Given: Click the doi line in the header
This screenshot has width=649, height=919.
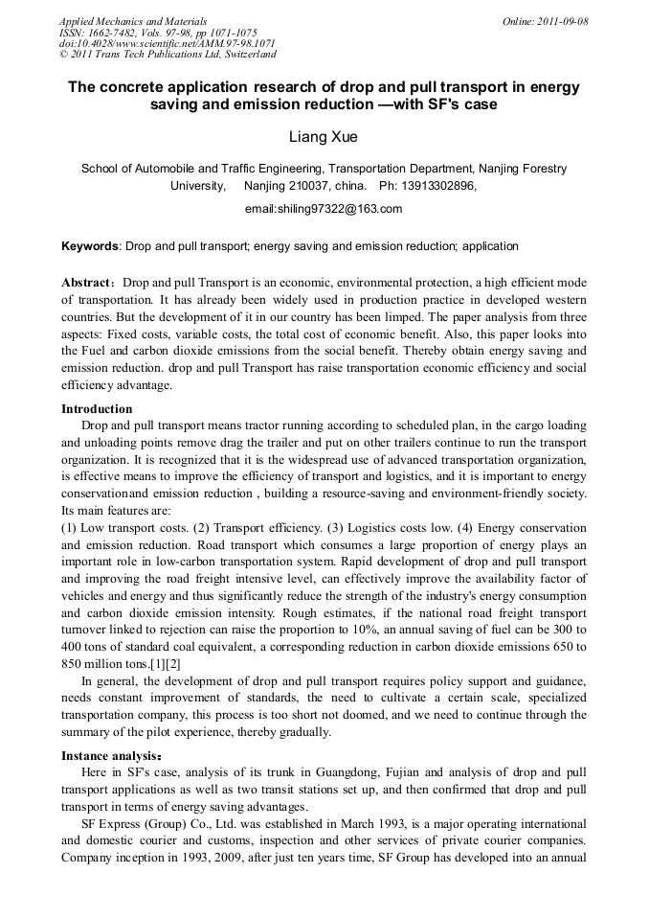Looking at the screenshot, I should (x=168, y=44).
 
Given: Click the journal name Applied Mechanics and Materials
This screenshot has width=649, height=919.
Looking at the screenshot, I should (x=133, y=21).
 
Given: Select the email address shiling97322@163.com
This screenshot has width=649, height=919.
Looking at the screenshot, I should (x=324, y=209).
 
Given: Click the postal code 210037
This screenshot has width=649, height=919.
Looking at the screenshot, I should (x=314, y=186).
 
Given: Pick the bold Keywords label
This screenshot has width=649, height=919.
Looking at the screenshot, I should (x=90, y=246).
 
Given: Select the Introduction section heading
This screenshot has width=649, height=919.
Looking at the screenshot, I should (x=97, y=409).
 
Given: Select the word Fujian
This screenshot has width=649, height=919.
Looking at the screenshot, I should (x=351, y=772).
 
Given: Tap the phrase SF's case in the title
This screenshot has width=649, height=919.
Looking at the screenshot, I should (x=463, y=103).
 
